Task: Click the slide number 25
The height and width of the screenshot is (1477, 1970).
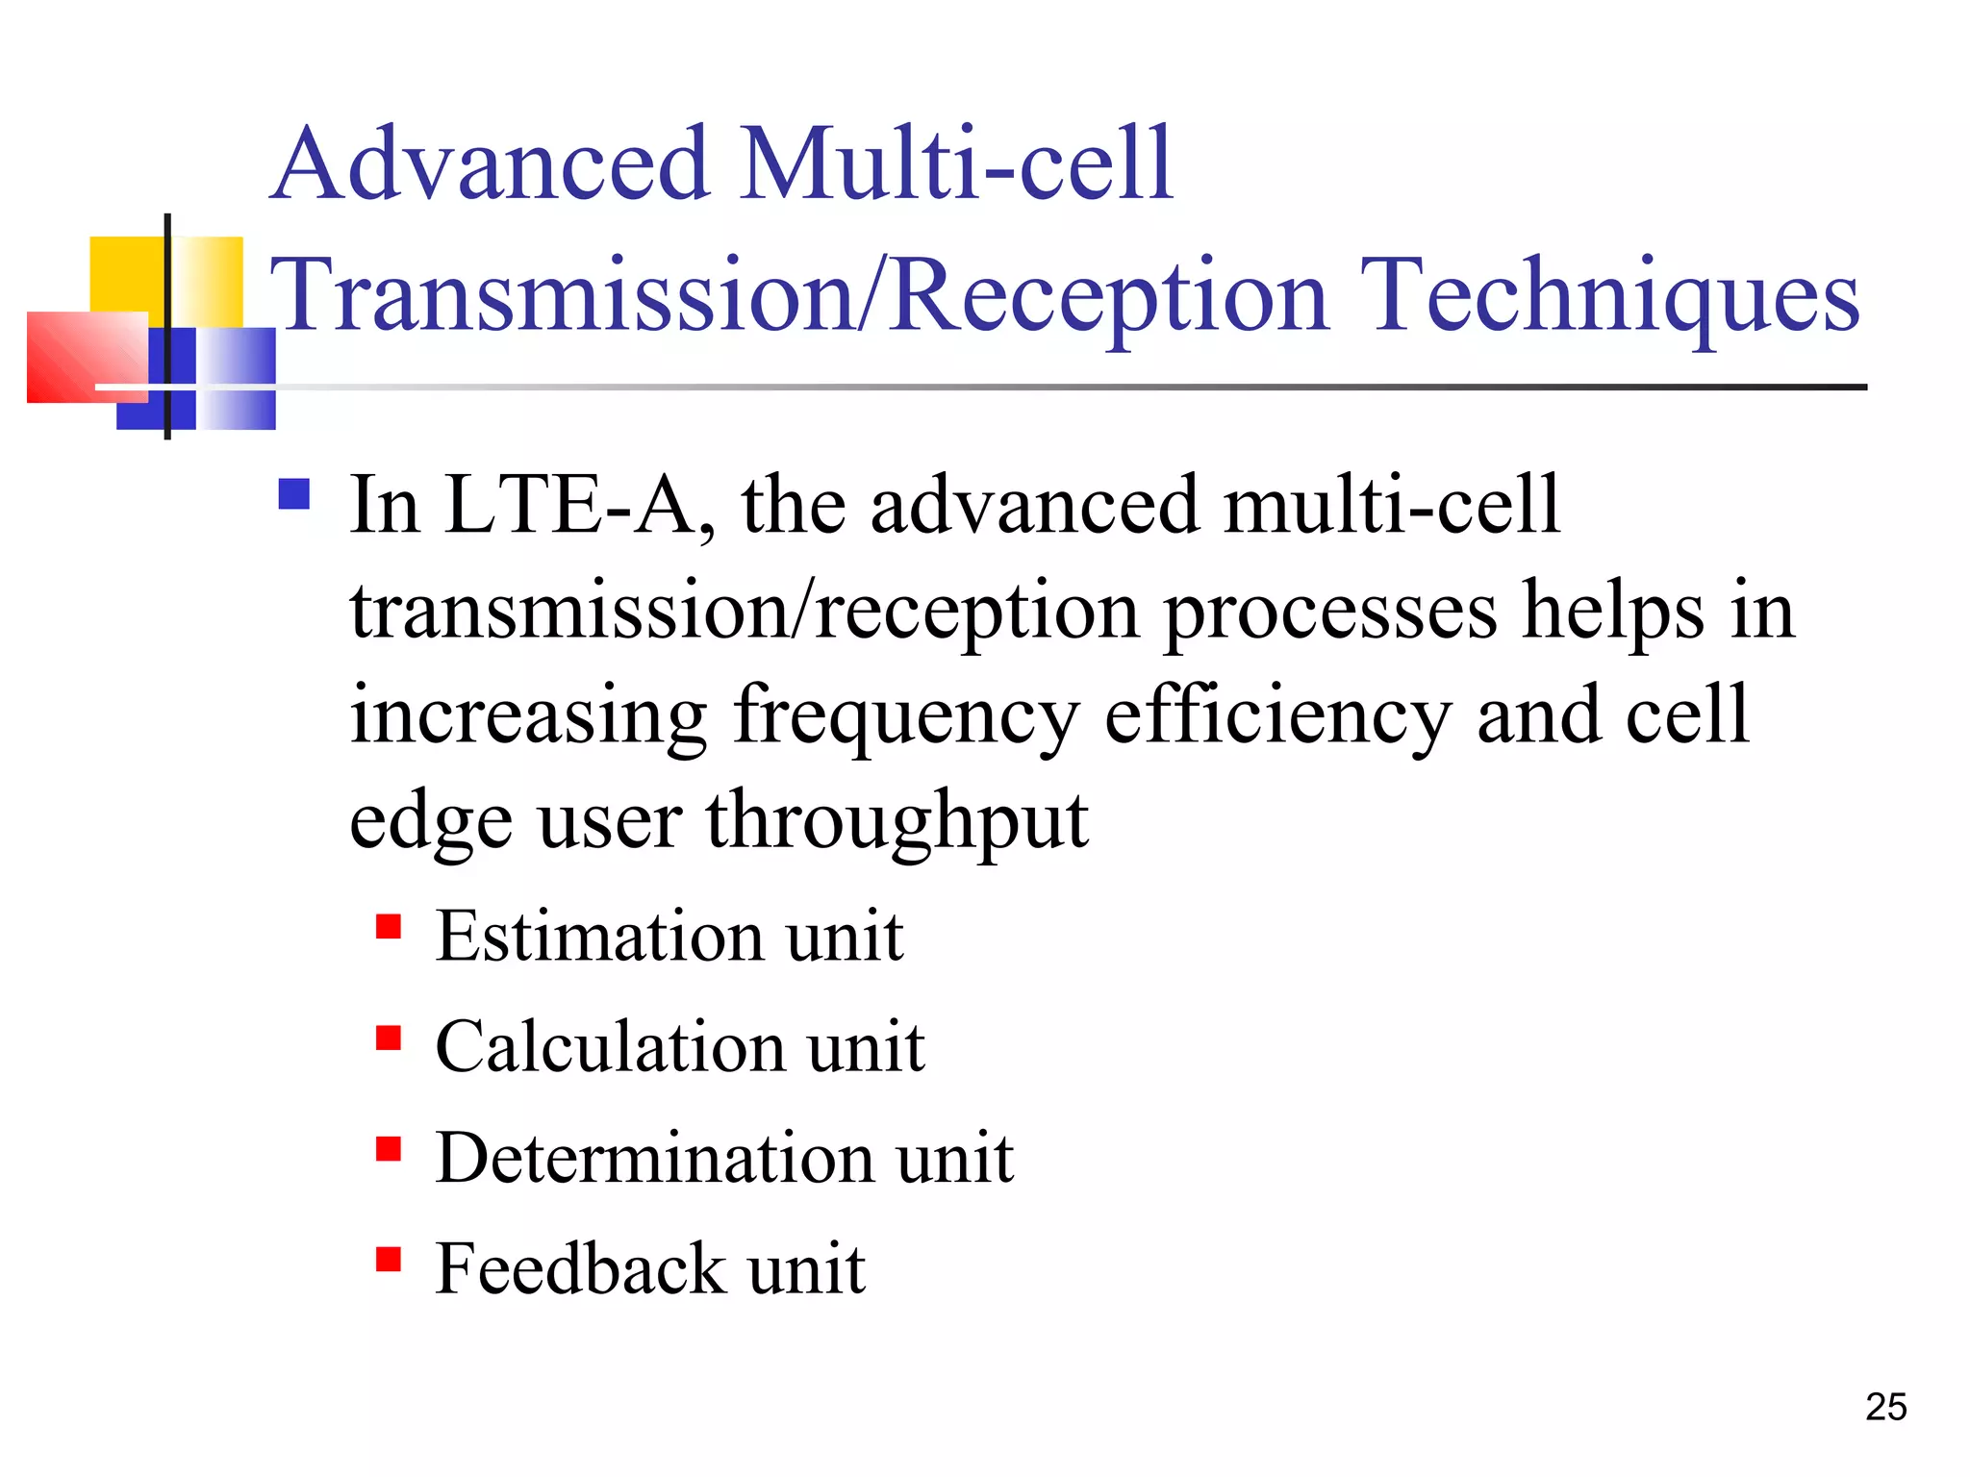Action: (x=1885, y=1407)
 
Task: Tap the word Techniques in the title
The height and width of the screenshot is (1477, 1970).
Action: (x=1609, y=296)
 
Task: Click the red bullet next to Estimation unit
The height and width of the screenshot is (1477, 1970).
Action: (x=389, y=926)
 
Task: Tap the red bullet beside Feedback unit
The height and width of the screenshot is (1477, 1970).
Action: (x=389, y=1259)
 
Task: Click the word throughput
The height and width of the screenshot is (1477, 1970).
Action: (x=897, y=822)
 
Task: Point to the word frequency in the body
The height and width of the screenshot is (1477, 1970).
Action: (x=905, y=718)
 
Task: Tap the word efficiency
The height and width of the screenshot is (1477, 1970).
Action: (x=1276, y=716)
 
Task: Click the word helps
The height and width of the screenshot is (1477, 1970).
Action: (x=1613, y=612)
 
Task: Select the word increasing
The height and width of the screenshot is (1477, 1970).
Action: (x=528, y=716)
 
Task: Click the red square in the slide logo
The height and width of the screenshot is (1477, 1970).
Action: (x=87, y=357)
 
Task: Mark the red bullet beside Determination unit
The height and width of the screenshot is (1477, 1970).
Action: (x=389, y=1148)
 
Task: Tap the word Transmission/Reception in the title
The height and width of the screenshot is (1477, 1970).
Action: (x=801, y=296)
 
